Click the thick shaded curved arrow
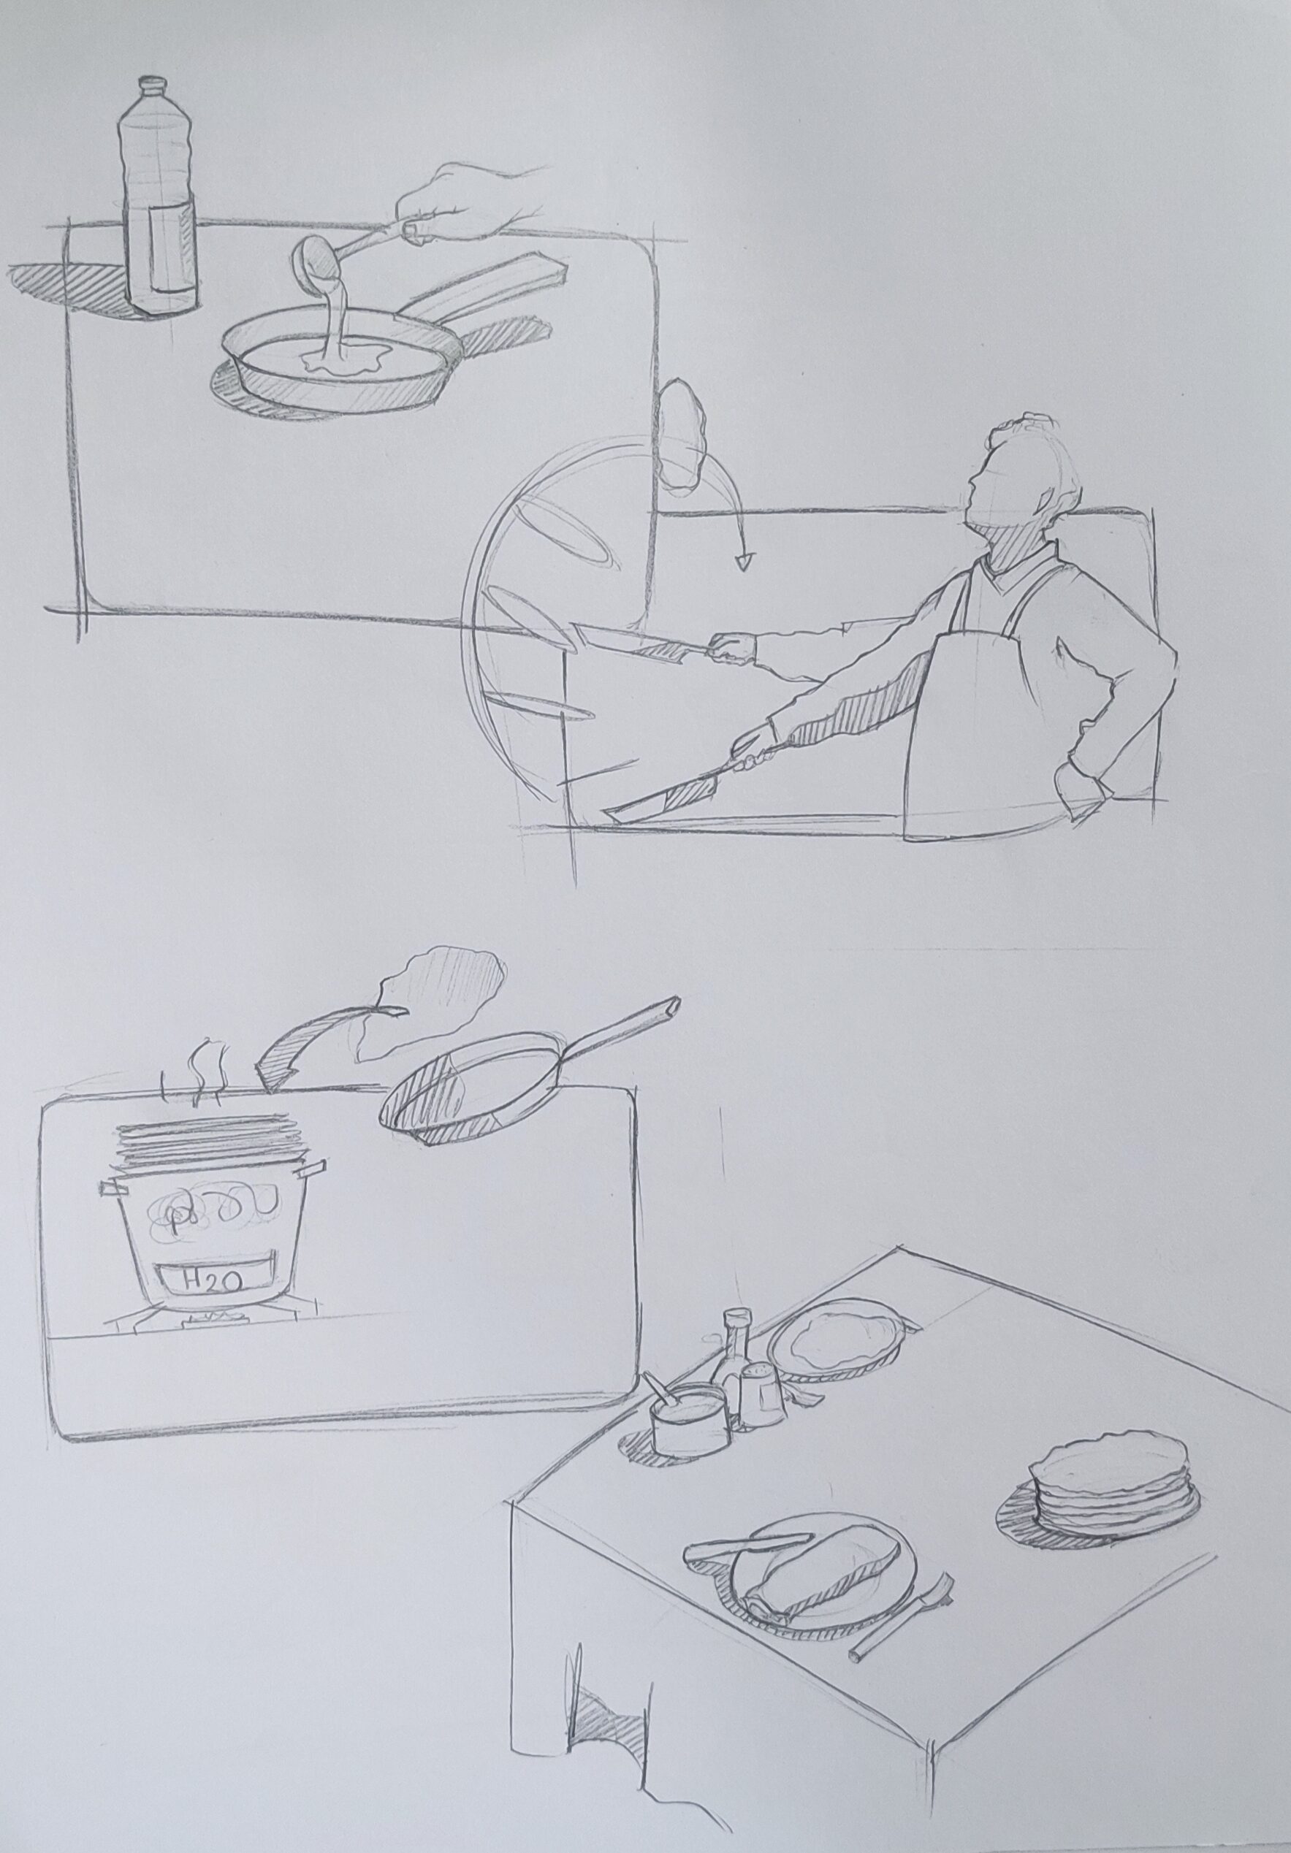coord(319,1041)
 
